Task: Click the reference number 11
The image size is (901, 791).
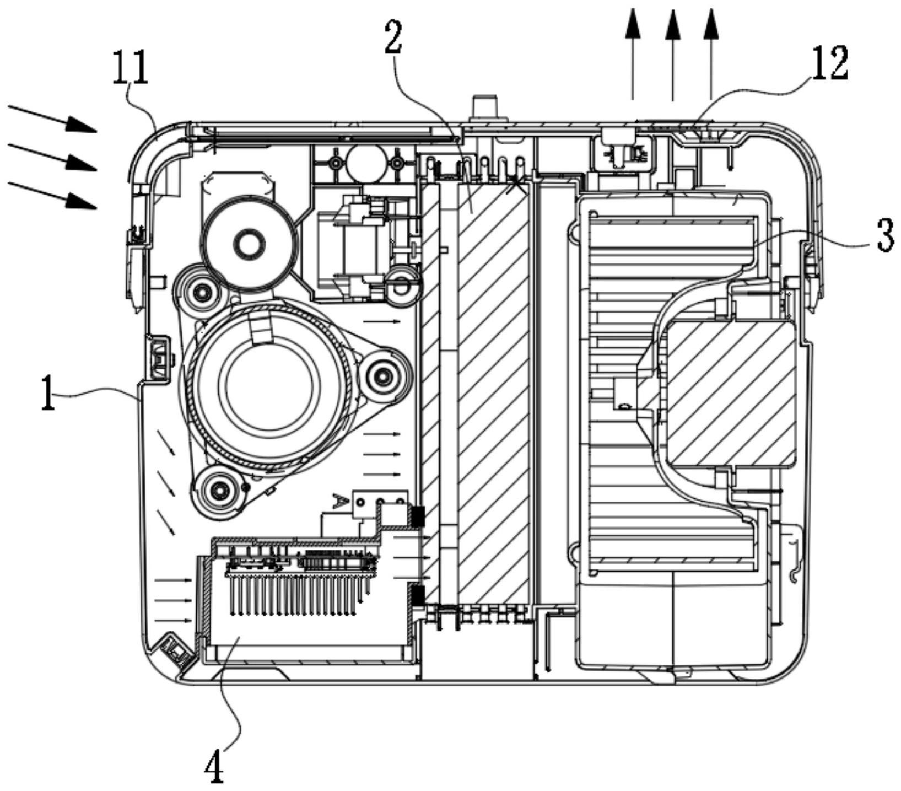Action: point(131,68)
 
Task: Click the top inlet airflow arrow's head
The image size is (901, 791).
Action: point(83,126)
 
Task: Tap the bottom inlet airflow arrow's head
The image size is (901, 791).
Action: point(83,202)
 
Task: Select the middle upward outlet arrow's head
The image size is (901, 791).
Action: point(672,25)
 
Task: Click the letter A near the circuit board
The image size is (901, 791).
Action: point(340,501)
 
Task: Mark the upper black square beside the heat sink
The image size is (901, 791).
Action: point(418,516)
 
